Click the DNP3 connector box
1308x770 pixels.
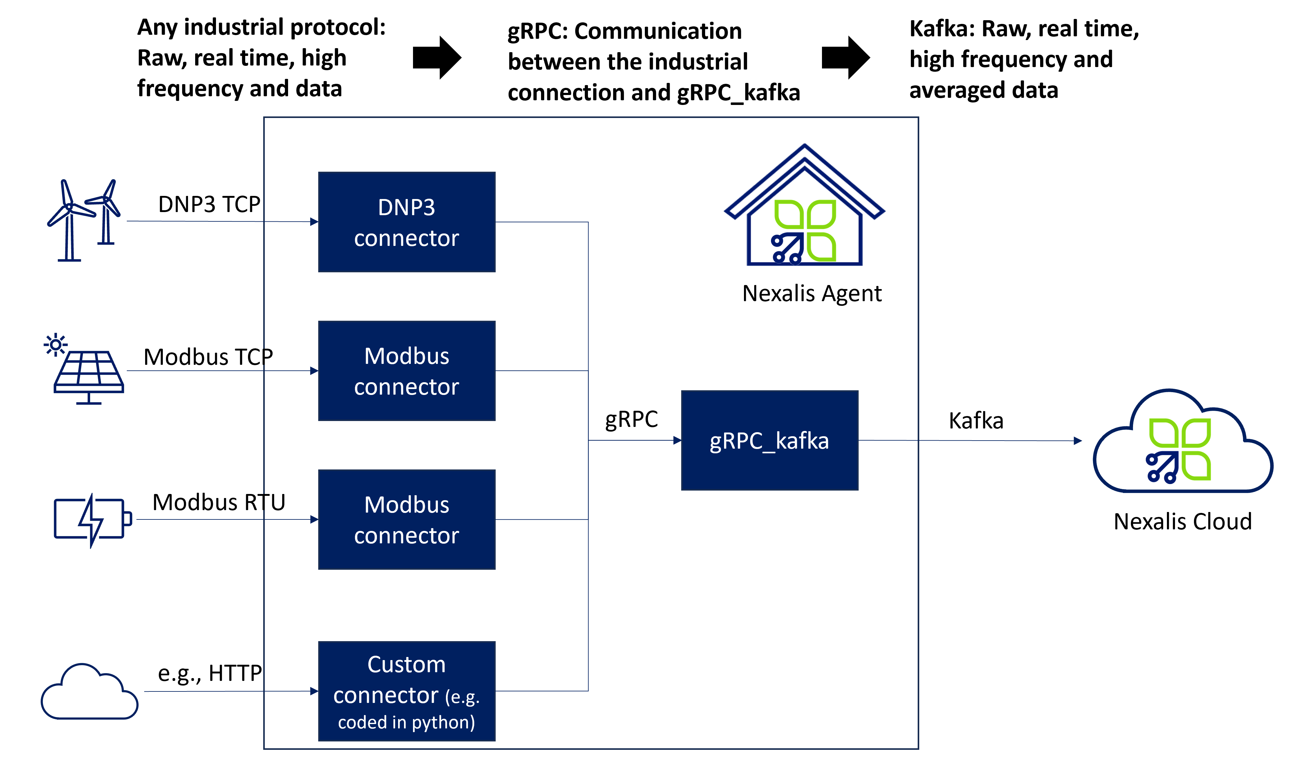406,222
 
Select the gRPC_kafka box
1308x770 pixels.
769,441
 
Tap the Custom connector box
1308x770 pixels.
406,691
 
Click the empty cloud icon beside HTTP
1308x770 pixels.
89,693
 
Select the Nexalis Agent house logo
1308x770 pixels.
804,207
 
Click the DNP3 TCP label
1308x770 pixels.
209,204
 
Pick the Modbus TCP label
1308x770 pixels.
208,357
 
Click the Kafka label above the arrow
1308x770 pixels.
976,421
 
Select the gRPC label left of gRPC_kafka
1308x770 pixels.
631,419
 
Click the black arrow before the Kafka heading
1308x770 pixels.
845,57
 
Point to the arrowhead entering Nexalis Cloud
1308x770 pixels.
1078,441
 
